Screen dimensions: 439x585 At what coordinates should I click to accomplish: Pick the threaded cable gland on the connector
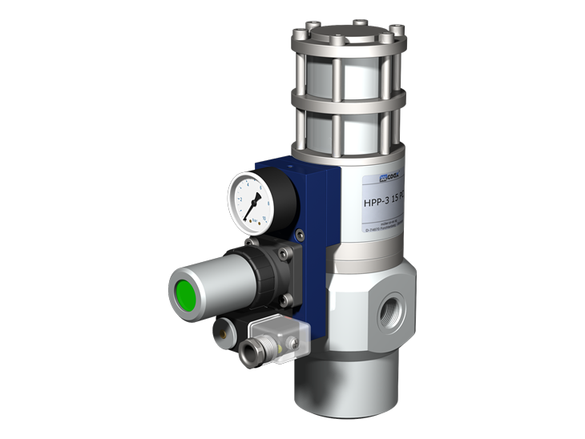point(252,349)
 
